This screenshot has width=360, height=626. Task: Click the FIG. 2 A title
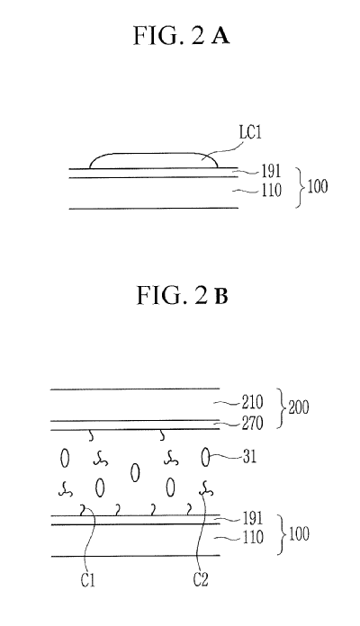(x=181, y=36)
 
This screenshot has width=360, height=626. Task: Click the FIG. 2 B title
(x=182, y=295)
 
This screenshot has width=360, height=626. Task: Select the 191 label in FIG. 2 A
(x=271, y=171)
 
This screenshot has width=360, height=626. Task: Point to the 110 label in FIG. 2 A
(x=272, y=190)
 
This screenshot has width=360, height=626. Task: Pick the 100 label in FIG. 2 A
(x=317, y=186)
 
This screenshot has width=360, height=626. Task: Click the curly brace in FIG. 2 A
(x=300, y=188)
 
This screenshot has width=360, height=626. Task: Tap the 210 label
(x=253, y=402)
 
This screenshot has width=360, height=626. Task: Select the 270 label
(x=253, y=424)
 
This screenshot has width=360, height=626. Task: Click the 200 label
(x=299, y=407)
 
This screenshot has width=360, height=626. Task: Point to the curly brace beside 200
(x=281, y=408)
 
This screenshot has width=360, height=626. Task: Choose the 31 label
(x=249, y=457)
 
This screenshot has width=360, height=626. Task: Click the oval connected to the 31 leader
(x=205, y=457)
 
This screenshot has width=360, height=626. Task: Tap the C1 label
(x=88, y=580)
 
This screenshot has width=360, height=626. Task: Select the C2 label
(x=201, y=579)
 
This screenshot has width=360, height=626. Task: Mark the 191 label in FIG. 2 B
(x=253, y=518)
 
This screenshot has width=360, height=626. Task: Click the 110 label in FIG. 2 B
(x=253, y=537)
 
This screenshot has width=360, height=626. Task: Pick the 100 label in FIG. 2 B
(x=299, y=534)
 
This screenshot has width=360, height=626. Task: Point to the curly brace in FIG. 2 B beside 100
(x=281, y=534)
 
